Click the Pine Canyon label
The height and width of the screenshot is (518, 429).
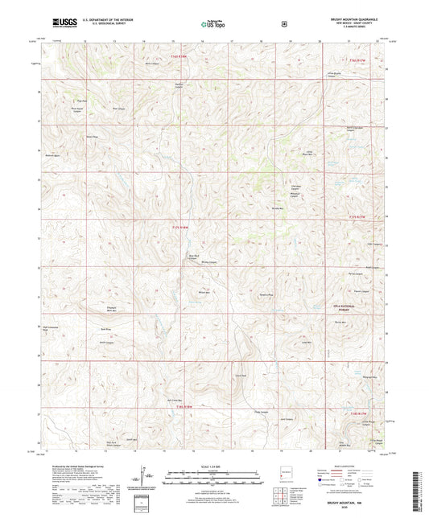pyautogui.click(x=117, y=107)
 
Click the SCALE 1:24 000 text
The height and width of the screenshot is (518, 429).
pyautogui.click(x=213, y=466)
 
